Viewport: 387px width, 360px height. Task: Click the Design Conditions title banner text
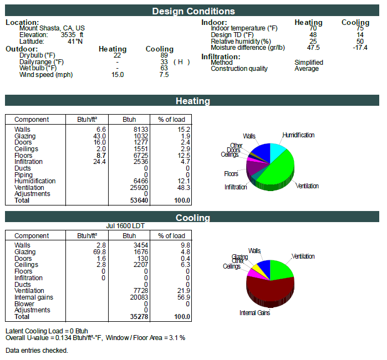[x=193, y=11]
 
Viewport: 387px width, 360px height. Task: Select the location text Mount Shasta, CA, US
[x=52, y=28]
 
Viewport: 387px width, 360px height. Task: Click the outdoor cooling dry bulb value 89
[x=164, y=55]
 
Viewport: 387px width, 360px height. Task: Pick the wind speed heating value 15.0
[x=118, y=75]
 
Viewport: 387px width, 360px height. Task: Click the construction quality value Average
[x=307, y=69]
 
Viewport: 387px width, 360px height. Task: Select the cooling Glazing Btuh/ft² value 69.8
[x=99, y=252]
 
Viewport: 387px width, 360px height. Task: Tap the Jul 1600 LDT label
[x=125, y=226]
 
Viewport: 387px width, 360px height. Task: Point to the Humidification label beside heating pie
[x=298, y=135]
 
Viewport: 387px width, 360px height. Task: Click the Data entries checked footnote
[x=37, y=351]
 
